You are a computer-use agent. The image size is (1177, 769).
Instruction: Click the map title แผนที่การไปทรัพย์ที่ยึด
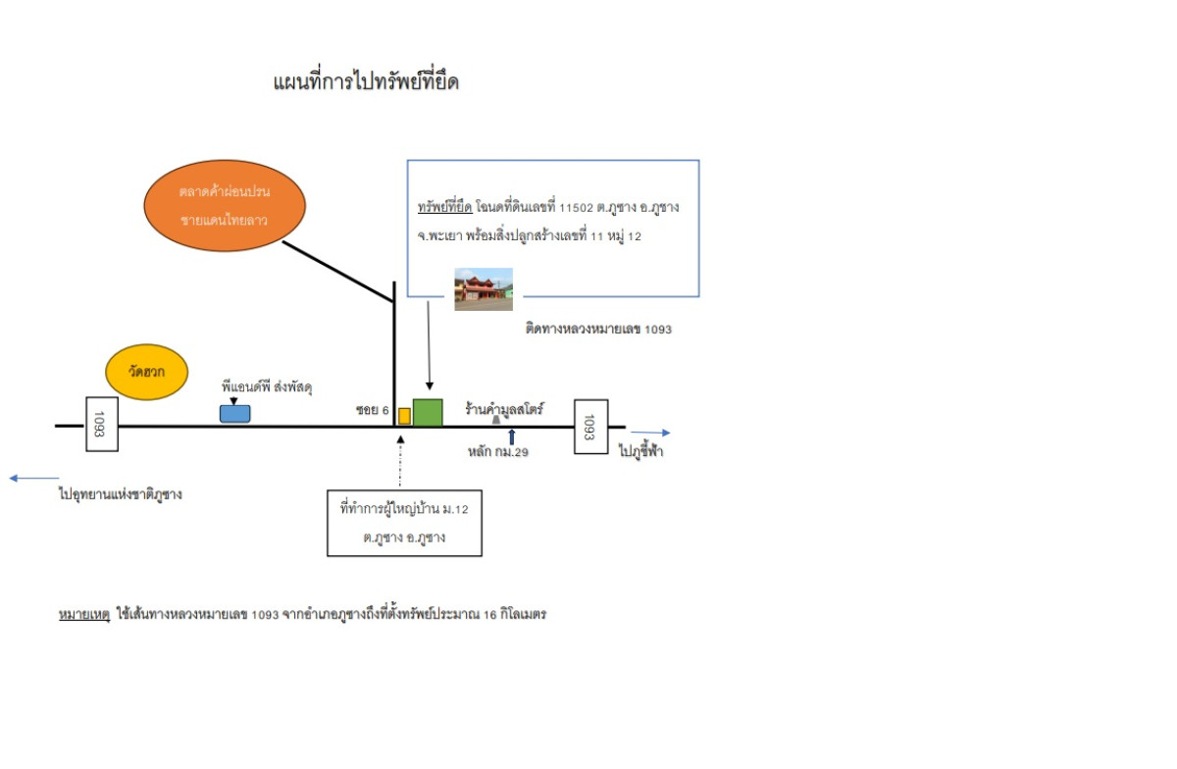tap(366, 82)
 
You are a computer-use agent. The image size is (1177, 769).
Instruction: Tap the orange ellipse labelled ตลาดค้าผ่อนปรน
tap(225, 206)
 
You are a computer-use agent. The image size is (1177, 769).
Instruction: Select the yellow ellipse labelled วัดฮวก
tap(146, 372)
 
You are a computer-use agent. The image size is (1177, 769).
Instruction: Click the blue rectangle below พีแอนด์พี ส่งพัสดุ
tap(234, 414)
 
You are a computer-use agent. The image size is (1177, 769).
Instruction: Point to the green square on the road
tap(428, 413)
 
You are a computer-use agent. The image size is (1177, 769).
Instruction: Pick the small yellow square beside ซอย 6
tap(404, 416)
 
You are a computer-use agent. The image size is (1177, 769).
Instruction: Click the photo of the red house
tap(484, 289)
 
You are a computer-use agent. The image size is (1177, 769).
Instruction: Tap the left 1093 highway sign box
tap(102, 424)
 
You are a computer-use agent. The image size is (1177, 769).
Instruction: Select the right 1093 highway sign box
tap(591, 427)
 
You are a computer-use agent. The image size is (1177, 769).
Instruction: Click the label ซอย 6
tap(372, 410)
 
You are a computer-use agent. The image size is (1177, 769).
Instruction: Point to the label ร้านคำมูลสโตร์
tap(504, 408)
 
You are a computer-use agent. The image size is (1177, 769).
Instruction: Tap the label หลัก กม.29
tap(498, 451)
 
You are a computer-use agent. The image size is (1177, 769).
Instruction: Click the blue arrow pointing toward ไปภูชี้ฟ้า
tap(650, 433)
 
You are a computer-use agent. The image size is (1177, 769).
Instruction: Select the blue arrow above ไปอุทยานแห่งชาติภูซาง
tap(34, 479)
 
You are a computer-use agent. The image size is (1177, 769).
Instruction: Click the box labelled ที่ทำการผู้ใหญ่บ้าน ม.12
tap(404, 523)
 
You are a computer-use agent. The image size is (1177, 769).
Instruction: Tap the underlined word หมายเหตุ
tap(84, 614)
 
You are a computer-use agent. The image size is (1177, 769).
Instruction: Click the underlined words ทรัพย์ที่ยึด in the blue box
tap(445, 207)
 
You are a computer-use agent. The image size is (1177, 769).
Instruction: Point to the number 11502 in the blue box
tap(576, 208)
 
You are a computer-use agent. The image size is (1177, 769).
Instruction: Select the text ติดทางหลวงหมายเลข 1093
tap(598, 329)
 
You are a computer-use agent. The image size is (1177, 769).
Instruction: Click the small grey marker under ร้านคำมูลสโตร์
tap(496, 420)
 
